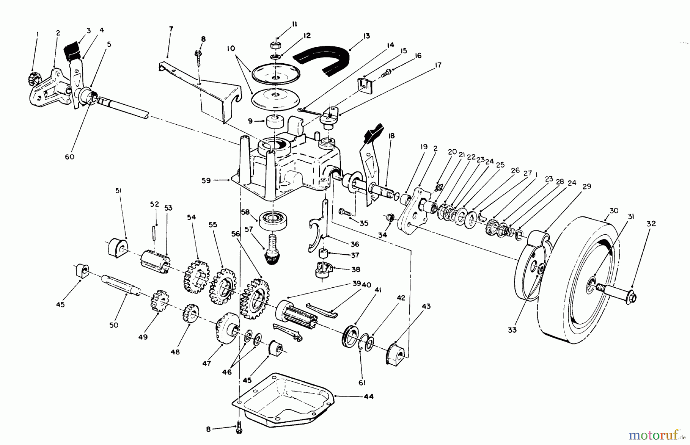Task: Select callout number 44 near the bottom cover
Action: [369, 396]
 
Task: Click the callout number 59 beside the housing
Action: [206, 180]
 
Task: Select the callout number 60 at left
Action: [69, 157]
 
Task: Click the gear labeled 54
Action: [196, 275]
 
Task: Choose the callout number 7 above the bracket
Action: [171, 29]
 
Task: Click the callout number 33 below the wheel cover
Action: [512, 330]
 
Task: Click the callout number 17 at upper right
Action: [438, 65]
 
